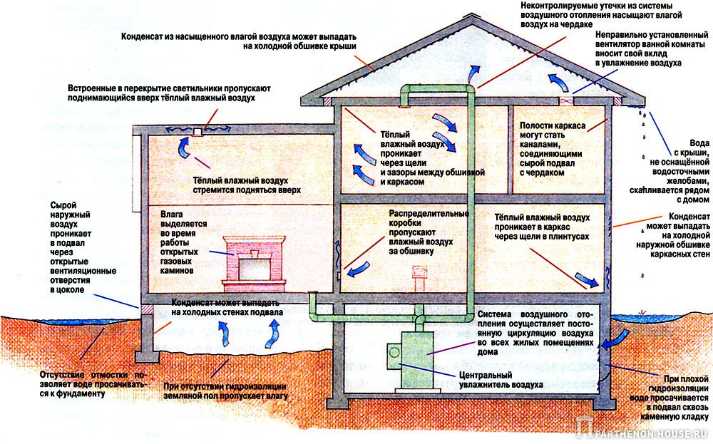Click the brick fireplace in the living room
(254, 264)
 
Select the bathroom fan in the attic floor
(565, 102)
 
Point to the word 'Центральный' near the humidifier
(486, 376)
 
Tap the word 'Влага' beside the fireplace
(171, 214)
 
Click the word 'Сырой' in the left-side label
(63, 205)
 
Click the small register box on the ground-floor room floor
(419, 273)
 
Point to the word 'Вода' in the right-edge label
(699, 143)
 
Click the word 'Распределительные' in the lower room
(429, 214)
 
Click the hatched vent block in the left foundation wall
(146, 309)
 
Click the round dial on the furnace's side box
(394, 352)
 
